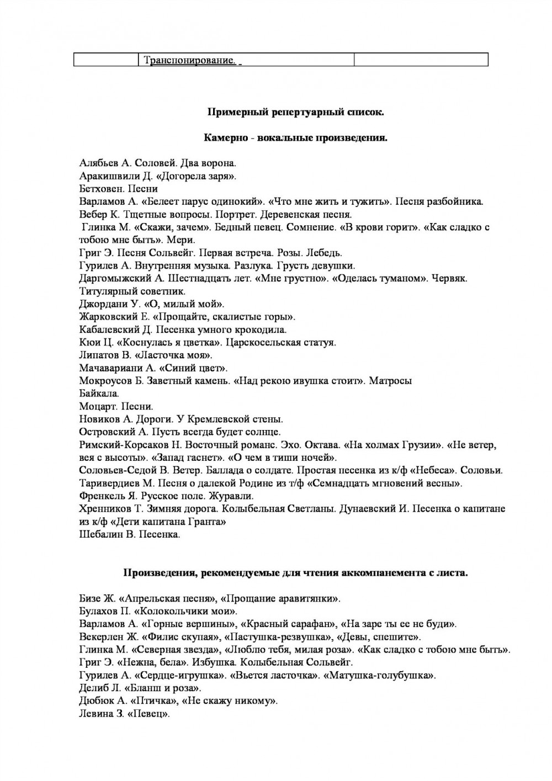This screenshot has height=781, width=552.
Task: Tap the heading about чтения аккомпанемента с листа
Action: point(295,573)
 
